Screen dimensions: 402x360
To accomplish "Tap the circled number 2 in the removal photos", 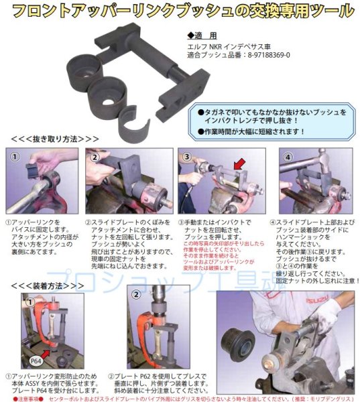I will pos(96,157).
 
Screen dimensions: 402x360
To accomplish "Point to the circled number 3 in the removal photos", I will pos(188,157).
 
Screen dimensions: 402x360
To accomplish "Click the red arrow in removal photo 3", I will pos(237,162).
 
